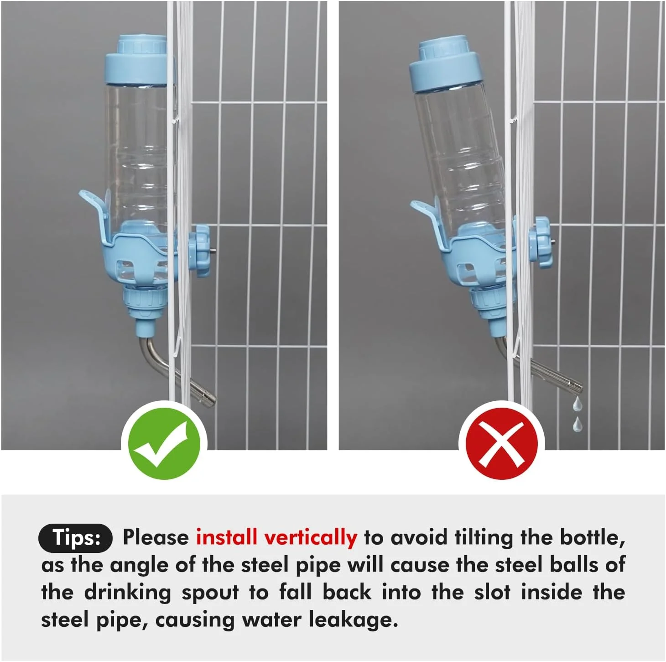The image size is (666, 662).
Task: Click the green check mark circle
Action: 164,443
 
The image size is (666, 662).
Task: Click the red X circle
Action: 501,443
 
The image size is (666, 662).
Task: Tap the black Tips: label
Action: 75,538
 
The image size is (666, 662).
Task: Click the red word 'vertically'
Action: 311,537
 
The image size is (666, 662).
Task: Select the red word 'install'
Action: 226,537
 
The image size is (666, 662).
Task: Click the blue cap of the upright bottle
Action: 140,59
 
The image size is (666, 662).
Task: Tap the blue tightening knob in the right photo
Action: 540,242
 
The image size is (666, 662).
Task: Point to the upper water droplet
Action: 577,404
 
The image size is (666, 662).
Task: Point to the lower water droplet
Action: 577,425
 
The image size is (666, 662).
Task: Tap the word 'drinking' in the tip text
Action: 127,592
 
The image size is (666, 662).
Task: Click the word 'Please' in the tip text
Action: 156,537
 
